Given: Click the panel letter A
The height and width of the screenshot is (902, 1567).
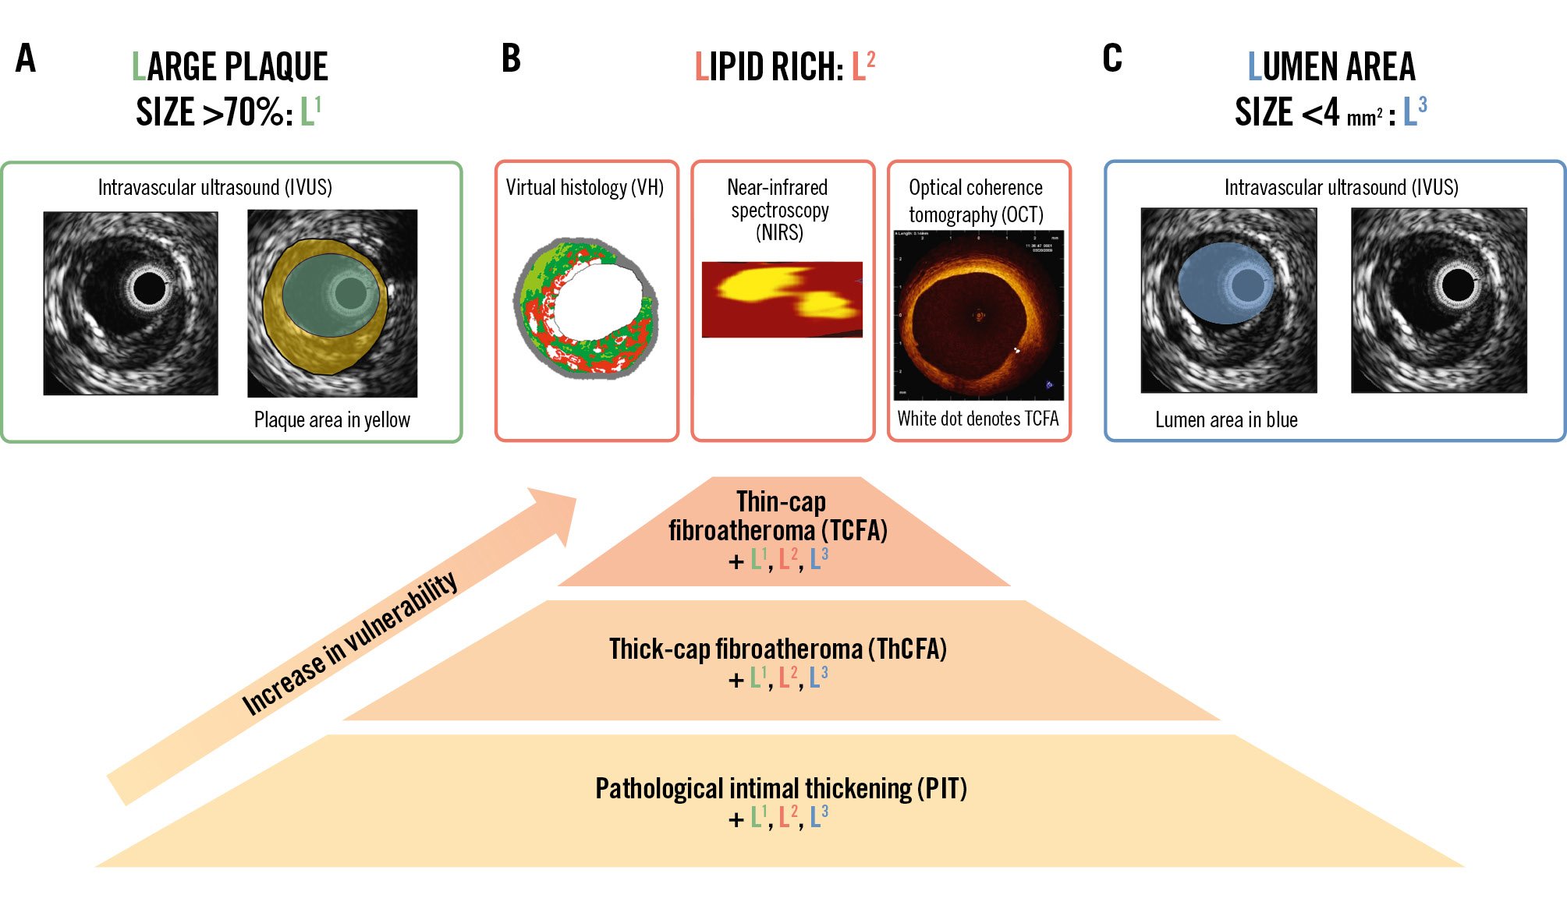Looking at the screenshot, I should (x=26, y=58).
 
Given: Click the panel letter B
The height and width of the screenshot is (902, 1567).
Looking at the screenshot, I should (x=511, y=58).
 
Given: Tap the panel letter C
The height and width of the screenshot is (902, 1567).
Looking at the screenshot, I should (x=1112, y=58).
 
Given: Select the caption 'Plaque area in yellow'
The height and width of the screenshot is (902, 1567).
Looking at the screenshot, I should (x=331, y=420).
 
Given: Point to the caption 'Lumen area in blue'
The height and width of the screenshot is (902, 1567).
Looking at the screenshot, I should (x=1226, y=420).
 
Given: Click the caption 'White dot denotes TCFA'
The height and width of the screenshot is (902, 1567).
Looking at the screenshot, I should (x=978, y=419).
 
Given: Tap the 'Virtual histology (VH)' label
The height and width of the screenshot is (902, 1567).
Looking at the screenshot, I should (x=584, y=188).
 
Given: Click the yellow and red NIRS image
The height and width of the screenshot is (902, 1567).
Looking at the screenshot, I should (x=782, y=299).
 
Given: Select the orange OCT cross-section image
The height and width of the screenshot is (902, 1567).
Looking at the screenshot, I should (x=979, y=315).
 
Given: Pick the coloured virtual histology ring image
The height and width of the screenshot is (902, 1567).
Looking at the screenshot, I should (x=586, y=309).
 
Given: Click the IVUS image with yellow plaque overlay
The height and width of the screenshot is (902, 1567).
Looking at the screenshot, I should (x=332, y=303).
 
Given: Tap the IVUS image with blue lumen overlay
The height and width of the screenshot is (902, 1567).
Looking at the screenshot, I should (x=1228, y=300).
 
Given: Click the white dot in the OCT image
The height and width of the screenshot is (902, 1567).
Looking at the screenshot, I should (x=1016, y=350).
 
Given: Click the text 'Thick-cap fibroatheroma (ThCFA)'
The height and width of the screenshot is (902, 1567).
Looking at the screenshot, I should (x=778, y=649).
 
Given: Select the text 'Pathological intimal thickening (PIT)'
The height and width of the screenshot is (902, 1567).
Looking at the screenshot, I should (x=781, y=788).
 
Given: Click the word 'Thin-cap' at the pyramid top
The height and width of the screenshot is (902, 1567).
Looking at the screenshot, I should (x=781, y=501).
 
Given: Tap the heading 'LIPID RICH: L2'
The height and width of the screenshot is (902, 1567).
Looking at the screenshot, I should (x=785, y=67).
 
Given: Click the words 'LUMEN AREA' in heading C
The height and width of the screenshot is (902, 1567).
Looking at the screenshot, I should (x=1331, y=67).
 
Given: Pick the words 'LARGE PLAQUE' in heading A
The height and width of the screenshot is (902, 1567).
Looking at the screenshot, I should (x=230, y=67).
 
